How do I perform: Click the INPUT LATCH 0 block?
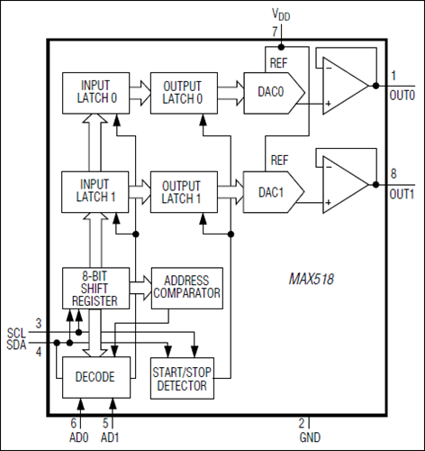point(94,92)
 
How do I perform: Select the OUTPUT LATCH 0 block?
point(183,92)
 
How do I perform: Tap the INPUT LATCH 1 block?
point(94,189)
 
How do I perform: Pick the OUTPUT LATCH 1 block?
point(183,189)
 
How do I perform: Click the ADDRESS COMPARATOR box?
point(186,287)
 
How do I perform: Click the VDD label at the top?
point(282,15)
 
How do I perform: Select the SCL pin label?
point(15,332)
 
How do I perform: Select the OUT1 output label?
point(402,193)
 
